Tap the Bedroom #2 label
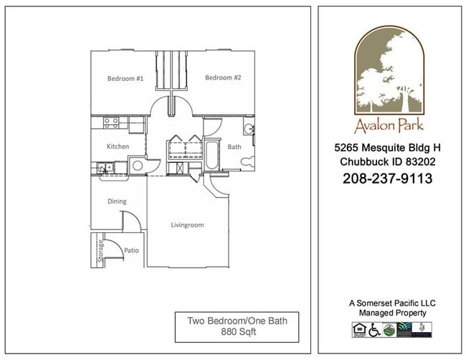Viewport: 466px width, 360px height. click(223, 77)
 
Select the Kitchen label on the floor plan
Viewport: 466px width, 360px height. click(118, 146)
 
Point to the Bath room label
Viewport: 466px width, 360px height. click(234, 146)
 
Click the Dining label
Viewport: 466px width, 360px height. click(117, 202)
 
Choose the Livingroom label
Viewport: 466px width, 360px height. click(187, 225)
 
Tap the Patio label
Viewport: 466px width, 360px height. click(131, 250)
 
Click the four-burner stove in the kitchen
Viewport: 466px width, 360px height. click(111, 123)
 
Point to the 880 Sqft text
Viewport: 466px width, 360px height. click(237, 333)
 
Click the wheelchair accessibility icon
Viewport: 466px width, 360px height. click(374, 329)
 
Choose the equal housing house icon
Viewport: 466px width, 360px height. click(358, 329)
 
